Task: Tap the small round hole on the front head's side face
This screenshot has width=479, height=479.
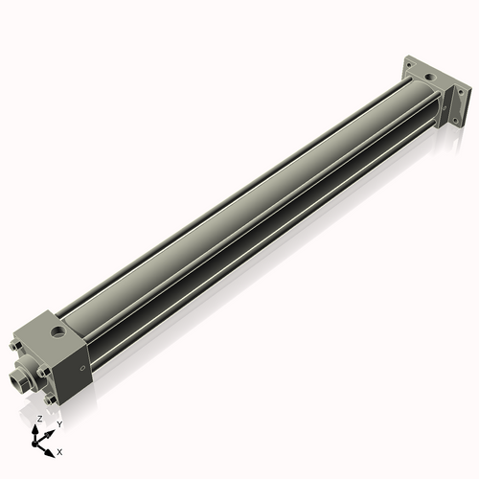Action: [82, 366]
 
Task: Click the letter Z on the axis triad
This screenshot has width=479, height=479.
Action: [39, 420]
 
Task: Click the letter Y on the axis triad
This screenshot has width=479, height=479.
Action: [59, 423]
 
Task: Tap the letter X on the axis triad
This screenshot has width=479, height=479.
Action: [59, 450]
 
